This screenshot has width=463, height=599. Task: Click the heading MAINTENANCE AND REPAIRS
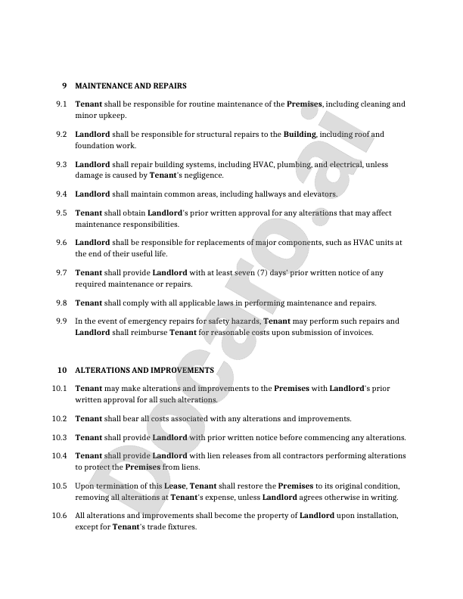click(130, 85)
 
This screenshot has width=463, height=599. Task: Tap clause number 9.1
click(62, 104)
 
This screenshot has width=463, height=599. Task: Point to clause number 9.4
click(62, 194)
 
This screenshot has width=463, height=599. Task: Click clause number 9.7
click(62, 272)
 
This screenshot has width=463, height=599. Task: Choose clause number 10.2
click(61, 418)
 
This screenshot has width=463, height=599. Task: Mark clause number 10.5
click(61, 485)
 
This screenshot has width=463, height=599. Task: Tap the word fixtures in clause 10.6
click(181, 527)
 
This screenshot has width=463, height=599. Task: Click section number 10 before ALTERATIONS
click(62, 370)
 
